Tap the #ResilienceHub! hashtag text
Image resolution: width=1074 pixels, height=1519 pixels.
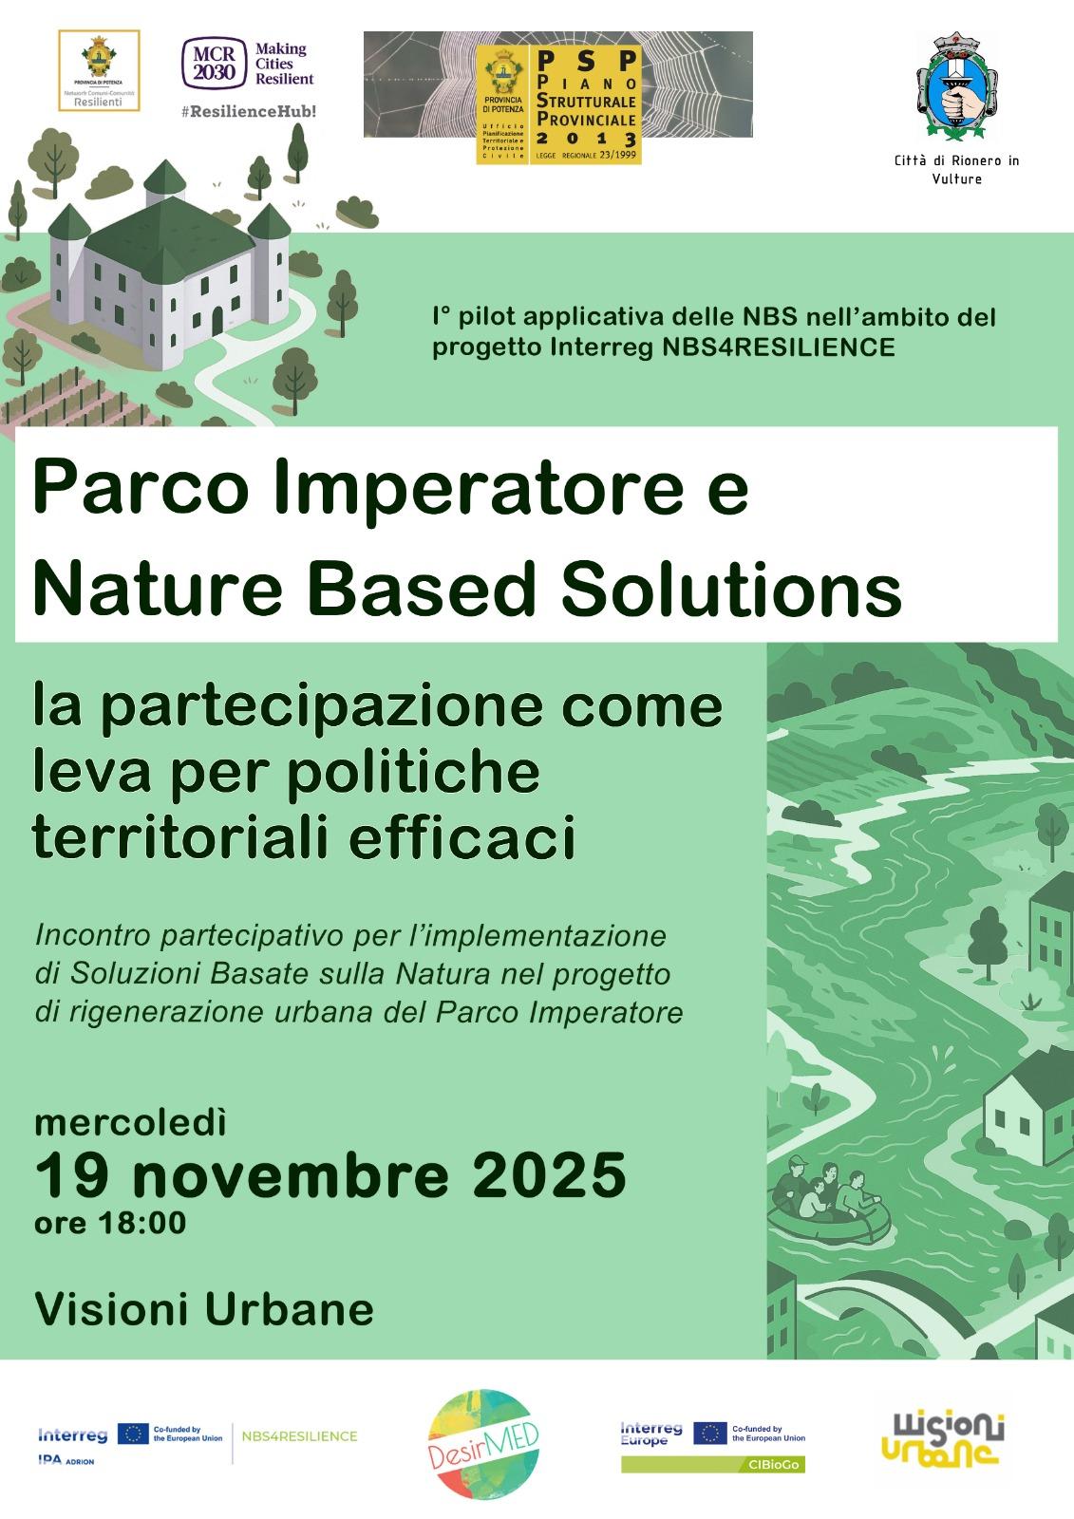pos(248,111)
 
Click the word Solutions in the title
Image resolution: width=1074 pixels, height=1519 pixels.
pos(730,591)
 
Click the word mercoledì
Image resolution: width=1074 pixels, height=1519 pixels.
pos(131,1122)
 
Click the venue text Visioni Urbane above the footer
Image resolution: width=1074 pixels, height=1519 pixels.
pos(204,1309)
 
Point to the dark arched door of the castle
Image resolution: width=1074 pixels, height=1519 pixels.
pos(217,321)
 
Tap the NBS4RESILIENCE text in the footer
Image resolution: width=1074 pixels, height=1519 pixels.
pos(300,1436)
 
